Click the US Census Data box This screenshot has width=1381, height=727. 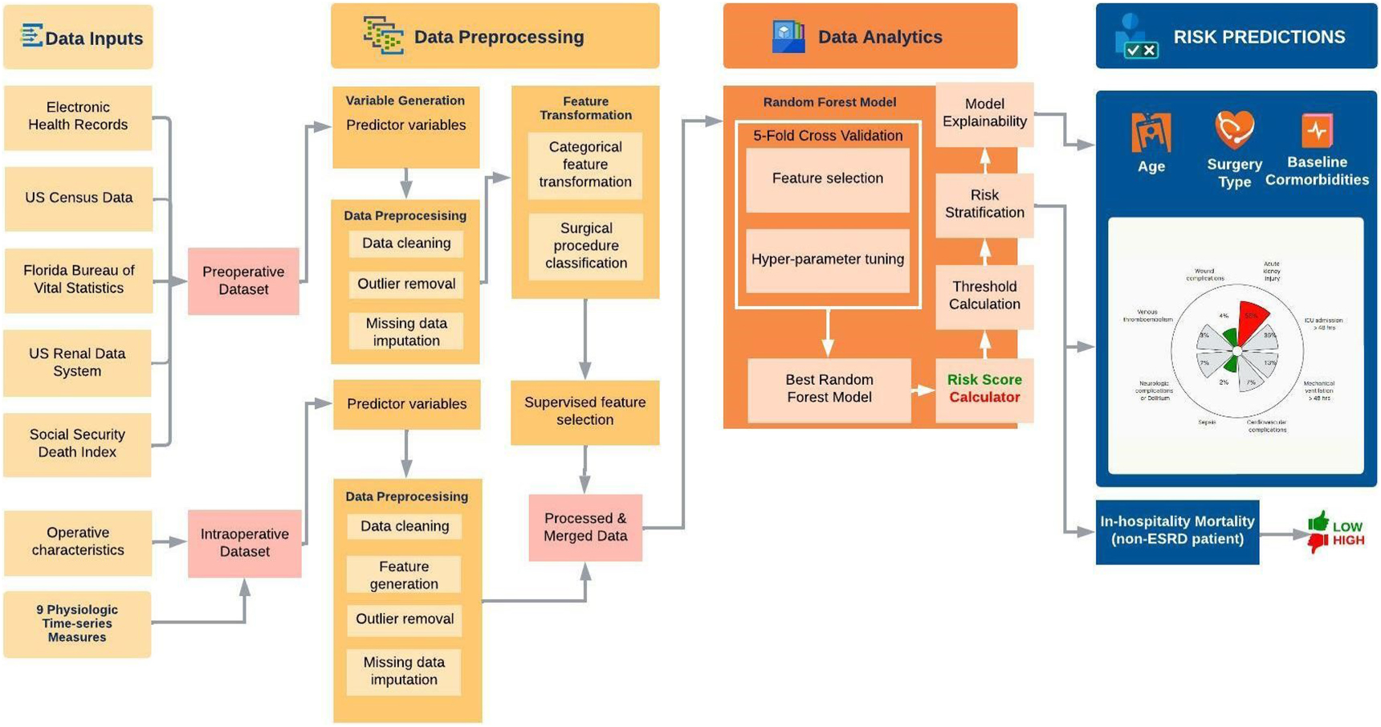tap(78, 198)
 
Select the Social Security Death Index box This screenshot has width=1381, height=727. tap(77, 443)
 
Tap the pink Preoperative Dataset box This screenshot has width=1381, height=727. tap(243, 280)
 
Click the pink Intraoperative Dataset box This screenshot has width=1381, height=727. tap(244, 543)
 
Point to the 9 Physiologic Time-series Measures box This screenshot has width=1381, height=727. tap(77, 623)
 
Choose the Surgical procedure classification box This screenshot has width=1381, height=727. tap(585, 246)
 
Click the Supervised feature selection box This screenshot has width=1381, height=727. tap(585, 411)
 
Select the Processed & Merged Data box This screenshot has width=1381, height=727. tap(585, 527)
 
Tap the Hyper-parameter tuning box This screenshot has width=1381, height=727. tap(827, 259)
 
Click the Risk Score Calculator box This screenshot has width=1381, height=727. tap(984, 389)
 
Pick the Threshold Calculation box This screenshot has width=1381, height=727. tap(984, 296)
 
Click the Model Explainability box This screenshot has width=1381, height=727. tap(984, 113)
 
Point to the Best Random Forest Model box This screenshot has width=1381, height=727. tap(829, 389)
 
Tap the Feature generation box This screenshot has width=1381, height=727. tap(404, 575)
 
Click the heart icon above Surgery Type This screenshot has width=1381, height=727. tap(1234, 129)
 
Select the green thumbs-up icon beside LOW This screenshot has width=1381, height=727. tap(1318, 523)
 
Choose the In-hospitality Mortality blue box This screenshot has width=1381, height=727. tap(1176, 531)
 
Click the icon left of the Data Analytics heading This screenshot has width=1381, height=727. tap(788, 36)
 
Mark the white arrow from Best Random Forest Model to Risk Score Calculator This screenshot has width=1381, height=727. tap(923, 390)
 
